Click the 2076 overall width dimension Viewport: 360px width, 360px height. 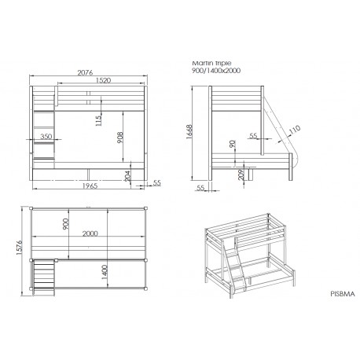pyautogui.click(x=85, y=72)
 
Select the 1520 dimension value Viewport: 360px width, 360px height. pyautogui.click(x=103, y=80)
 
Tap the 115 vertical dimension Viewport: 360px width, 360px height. pyautogui.click(x=98, y=121)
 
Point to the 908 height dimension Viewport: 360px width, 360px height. pyautogui.click(x=120, y=138)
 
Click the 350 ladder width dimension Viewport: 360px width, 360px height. pyautogui.click(x=46, y=136)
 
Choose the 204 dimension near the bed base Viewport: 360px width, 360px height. pyautogui.click(x=127, y=176)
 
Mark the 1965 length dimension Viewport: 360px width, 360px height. pyautogui.click(x=90, y=186)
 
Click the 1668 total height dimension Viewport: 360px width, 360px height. pyautogui.click(x=189, y=131)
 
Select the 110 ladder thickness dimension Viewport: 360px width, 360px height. pyautogui.click(x=295, y=130)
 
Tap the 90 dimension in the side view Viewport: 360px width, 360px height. pyautogui.click(x=232, y=144)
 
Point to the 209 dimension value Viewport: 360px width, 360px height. pyautogui.click(x=241, y=174)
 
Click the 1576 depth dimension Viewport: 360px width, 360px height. pyautogui.click(x=19, y=248)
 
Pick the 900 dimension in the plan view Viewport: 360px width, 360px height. pyautogui.click(x=65, y=224)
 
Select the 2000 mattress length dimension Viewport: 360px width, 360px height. pyautogui.click(x=90, y=233)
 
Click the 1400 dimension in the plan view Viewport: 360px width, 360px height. pyautogui.click(x=105, y=272)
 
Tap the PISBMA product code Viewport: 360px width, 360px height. pyautogui.click(x=343, y=294)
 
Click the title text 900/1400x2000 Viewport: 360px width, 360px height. pyautogui.click(x=216, y=71)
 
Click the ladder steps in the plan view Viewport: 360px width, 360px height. pyautogui.click(x=44, y=277)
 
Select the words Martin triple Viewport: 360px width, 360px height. pyautogui.click(x=211, y=63)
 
